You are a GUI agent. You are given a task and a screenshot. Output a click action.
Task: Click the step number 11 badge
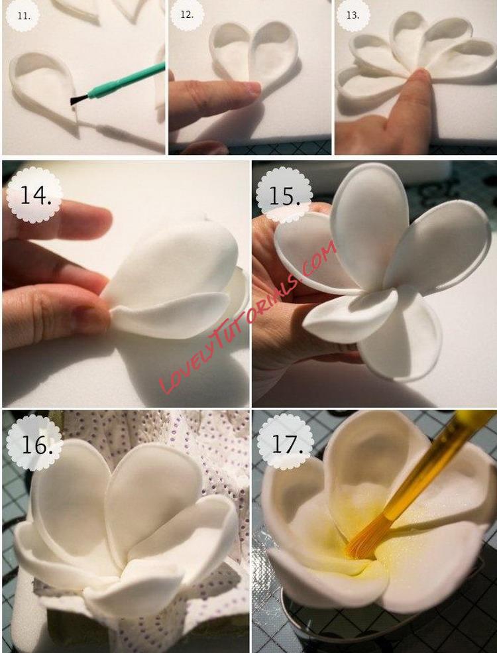24,17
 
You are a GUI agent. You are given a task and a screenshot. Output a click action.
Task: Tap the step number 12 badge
187,15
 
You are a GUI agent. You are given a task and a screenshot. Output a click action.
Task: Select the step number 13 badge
353,15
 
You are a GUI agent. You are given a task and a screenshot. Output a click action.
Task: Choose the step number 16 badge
35,444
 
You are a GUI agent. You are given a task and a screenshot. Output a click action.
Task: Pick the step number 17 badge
286,444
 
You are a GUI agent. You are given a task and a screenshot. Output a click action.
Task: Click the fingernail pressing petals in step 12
252,88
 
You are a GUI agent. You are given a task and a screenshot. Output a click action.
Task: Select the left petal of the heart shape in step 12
231,52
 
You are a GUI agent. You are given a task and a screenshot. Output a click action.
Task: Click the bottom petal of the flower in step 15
399,335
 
